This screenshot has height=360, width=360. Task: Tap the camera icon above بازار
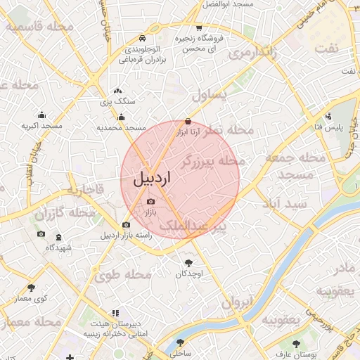pyautogui.click(x=150, y=202)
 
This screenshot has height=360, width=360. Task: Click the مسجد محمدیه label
pyautogui.click(x=121, y=128)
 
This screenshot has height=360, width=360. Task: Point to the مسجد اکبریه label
pyautogui.click(x=41, y=126)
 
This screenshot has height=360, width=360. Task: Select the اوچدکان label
pyautogui.click(x=188, y=273)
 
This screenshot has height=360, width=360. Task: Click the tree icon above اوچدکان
pyautogui.click(x=188, y=263)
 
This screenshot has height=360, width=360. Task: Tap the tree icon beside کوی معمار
pyautogui.click(x=31, y=288)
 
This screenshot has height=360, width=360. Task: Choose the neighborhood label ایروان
pyautogui.click(x=236, y=303)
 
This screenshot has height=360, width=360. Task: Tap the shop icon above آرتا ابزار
pyautogui.click(x=187, y=121)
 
